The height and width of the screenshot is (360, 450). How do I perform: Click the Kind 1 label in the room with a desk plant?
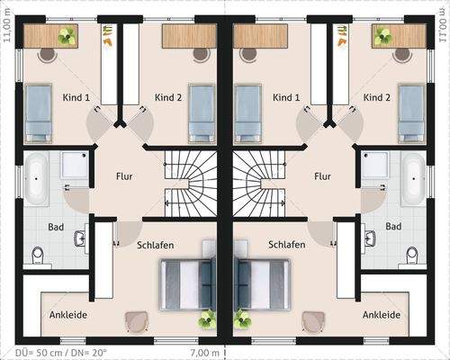click(x=76, y=97)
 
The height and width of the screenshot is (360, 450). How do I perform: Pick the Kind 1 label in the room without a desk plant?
click(x=285, y=97)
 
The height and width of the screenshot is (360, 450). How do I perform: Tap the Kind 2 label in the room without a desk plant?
click(x=168, y=97)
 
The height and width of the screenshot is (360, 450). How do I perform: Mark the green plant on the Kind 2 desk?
click(x=383, y=36)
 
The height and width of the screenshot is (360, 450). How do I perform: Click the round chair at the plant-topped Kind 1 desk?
click(x=47, y=53)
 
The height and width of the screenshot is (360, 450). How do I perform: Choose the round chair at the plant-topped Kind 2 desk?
click(x=402, y=53)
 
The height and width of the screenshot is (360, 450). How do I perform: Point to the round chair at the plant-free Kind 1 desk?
click(x=249, y=53)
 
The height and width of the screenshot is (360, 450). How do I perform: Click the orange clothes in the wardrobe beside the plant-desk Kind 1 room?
click(x=108, y=38)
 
